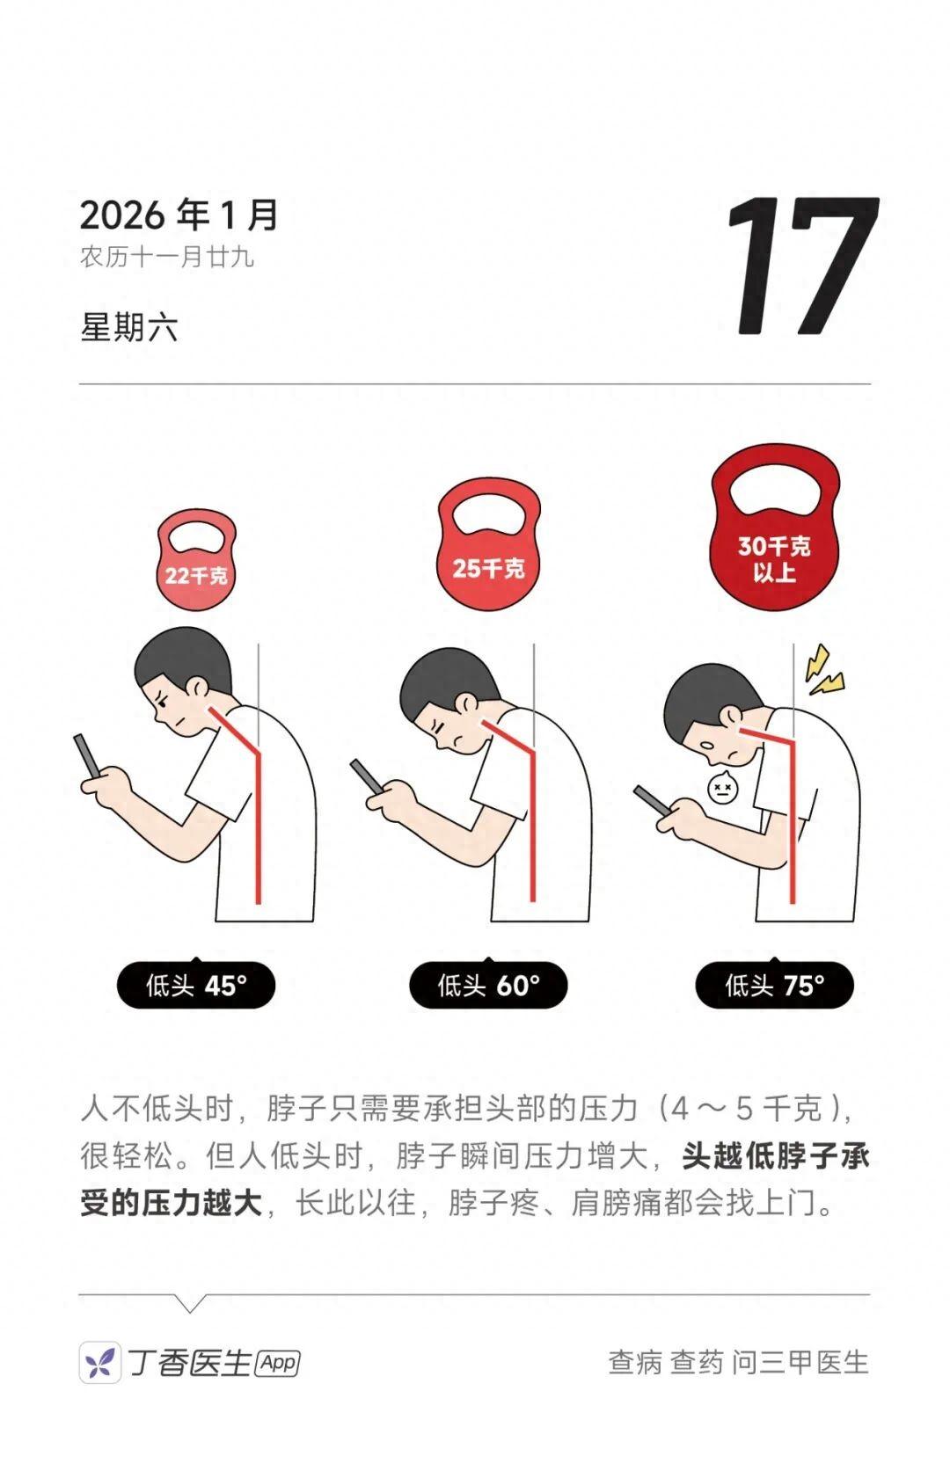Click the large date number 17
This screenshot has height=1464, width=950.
(803, 266)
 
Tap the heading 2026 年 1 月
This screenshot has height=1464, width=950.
(179, 215)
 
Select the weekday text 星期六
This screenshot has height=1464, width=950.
(128, 327)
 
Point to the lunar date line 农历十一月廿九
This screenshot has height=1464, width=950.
(167, 257)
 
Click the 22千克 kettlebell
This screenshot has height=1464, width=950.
(195, 559)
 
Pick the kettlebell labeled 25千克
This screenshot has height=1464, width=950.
(488, 543)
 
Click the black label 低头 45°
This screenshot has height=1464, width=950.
(196, 985)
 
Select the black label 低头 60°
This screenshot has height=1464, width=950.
(488, 985)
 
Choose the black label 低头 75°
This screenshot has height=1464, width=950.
(775, 985)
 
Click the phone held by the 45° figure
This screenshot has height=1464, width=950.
(87, 757)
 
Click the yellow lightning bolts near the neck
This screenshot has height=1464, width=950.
(823, 670)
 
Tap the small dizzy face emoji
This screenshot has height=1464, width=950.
(723, 788)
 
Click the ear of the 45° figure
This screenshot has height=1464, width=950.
(197, 686)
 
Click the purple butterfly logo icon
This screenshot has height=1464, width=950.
(100, 1363)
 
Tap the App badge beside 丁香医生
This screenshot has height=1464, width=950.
(279, 1363)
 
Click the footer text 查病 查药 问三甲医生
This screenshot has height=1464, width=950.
(738, 1363)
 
